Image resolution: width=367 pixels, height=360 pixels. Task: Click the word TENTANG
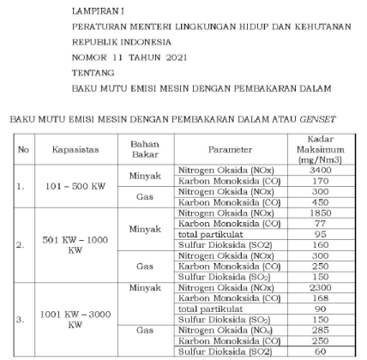[93, 73]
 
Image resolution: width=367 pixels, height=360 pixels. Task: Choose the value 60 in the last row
[320, 351]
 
